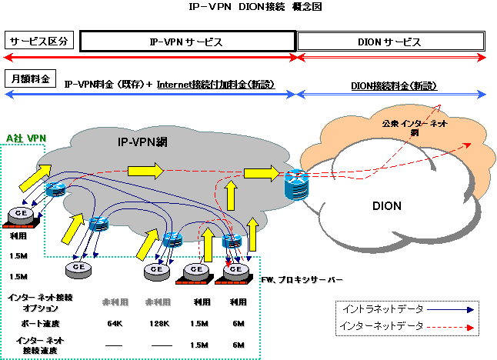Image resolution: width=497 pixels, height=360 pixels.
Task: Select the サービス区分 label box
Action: pos(39,41)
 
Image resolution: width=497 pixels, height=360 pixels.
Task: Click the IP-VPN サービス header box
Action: pos(187,42)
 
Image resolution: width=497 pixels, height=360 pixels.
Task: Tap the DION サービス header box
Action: pos(391,42)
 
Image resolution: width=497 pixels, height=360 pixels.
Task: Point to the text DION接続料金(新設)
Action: pos(391,84)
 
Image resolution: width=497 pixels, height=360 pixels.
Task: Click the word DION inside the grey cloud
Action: pos(387,206)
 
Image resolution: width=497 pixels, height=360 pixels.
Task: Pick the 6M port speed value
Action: pos(238,323)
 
